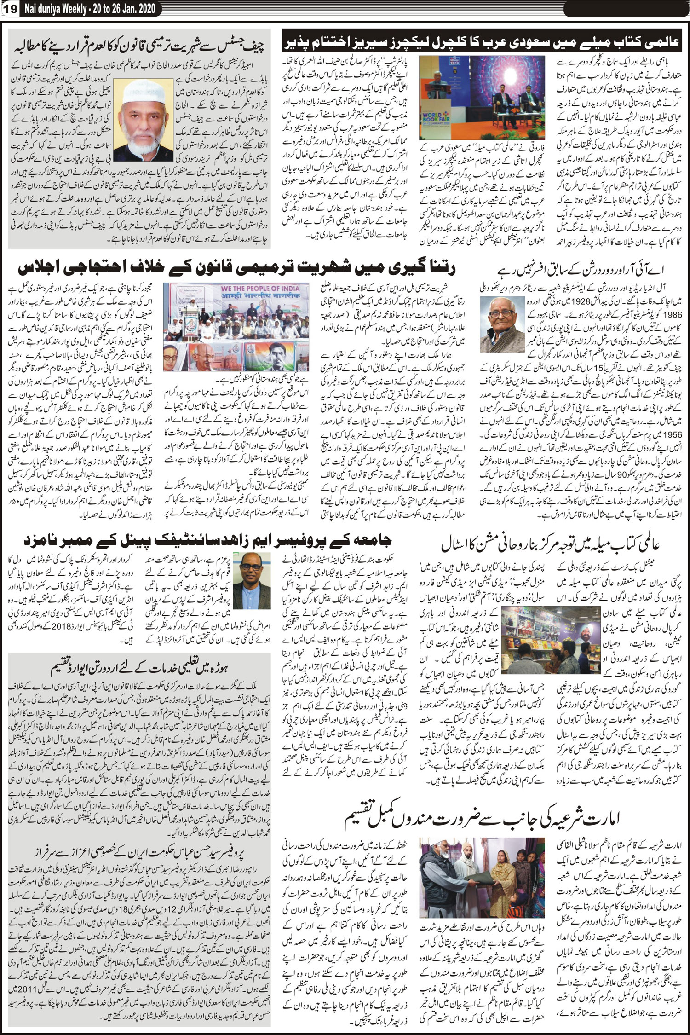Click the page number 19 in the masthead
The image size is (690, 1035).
(x=9, y=9)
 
